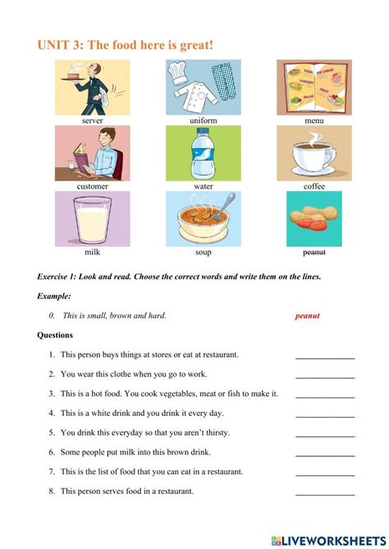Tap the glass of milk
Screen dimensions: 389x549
tap(92, 218)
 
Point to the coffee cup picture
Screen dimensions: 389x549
tap(313, 153)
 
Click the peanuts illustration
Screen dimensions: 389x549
tap(313, 219)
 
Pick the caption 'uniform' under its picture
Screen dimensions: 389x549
tap(202, 120)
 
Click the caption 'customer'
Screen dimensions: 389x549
tap(92, 186)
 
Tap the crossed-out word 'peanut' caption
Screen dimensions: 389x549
tap(314, 252)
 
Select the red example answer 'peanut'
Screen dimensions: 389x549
tap(307, 315)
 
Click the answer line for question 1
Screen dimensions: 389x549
tap(325, 358)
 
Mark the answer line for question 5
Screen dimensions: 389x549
tap(325, 436)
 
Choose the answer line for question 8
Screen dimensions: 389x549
tap(325, 494)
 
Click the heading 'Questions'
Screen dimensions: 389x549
tap(55, 335)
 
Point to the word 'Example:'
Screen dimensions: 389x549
tap(54, 295)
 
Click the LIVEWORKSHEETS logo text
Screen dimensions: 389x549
tap(332, 540)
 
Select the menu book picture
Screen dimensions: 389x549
tap(313, 87)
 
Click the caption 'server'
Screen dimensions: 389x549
tap(92, 120)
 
